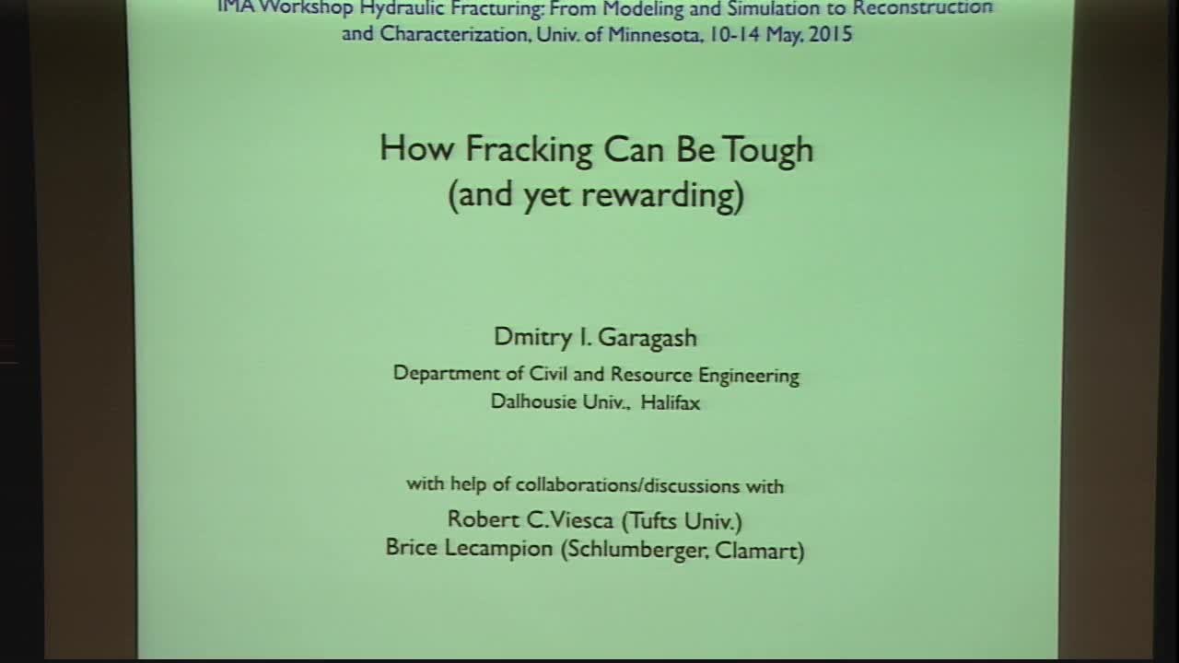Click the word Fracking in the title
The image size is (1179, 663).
529,149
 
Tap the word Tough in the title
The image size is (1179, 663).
767,149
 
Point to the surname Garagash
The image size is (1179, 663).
648,338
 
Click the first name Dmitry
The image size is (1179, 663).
532,337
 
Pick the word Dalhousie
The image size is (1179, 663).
534,402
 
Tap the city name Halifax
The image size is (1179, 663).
671,402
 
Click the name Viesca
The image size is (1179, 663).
582,520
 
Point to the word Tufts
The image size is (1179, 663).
652,520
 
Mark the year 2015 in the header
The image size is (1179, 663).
829,36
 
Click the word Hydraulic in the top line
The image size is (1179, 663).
405,8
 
